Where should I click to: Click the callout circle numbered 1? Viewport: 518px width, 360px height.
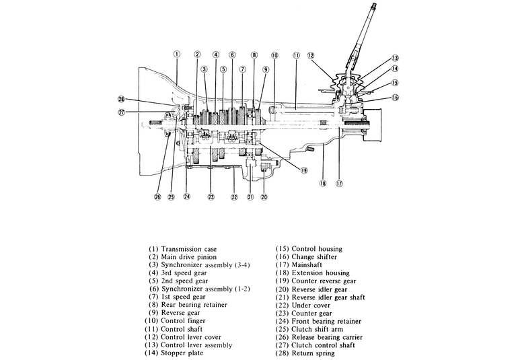click(177, 54)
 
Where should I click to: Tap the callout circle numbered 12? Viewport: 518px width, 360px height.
click(311, 56)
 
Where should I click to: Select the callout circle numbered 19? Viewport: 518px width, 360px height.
click(304, 170)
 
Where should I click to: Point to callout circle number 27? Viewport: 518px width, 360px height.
click(122, 112)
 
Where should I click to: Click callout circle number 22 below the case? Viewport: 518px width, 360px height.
click(234, 197)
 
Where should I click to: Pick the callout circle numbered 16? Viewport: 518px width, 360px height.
click(395, 98)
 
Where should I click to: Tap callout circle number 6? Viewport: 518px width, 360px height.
click(232, 55)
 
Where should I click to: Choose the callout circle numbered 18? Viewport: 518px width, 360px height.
click(323, 183)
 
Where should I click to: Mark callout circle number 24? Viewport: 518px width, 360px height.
click(187, 196)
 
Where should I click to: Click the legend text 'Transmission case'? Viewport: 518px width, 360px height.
click(188, 249)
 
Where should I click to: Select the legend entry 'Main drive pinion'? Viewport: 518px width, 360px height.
click(188, 257)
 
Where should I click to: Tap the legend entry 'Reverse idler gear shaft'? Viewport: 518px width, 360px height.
click(328, 297)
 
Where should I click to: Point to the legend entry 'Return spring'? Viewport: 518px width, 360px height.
click(313, 353)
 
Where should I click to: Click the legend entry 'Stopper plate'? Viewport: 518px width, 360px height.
click(182, 353)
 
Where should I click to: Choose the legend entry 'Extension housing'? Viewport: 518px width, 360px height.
click(320, 273)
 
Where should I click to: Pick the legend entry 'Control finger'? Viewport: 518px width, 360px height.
click(183, 321)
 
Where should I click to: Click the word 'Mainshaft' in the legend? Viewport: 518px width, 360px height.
click(307, 265)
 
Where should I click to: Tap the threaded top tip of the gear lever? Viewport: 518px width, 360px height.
click(373, 5)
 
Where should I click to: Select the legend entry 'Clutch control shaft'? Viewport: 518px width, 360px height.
click(323, 345)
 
